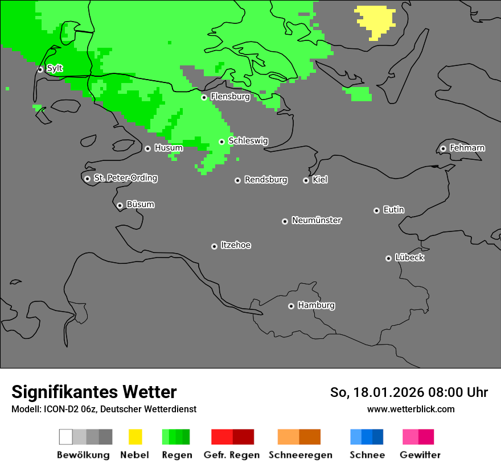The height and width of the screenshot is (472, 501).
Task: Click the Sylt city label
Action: [x=55, y=69]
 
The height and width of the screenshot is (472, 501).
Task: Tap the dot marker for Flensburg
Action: [x=204, y=97]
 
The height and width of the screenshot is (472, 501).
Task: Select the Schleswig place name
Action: [x=248, y=141]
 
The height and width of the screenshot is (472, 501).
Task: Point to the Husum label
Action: [x=169, y=148]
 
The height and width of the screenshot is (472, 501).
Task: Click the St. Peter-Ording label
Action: [x=125, y=178]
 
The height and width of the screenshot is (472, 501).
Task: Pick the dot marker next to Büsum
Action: [x=120, y=205]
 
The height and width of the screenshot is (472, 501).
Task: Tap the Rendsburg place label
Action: [x=265, y=180]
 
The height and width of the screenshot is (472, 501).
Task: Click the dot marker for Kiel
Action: [x=306, y=180]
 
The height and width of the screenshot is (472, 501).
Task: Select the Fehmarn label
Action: [x=467, y=148]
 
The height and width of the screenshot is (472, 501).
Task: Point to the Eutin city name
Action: [x=393, y=210]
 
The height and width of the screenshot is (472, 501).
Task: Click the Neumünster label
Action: [x=317, y=221]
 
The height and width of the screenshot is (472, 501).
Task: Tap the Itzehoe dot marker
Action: [x=214, y=246]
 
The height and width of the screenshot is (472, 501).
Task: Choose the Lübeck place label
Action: [x=409, y=258]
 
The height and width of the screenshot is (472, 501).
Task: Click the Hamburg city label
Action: [x=316, y=305]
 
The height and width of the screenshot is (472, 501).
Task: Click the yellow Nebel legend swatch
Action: [x=135, y=437]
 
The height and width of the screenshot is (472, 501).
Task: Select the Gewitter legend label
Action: [x=420, y=455]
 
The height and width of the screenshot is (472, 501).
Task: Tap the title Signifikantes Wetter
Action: [x=94, y=392]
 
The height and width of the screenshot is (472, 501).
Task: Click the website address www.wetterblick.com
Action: [x=410, y=409]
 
